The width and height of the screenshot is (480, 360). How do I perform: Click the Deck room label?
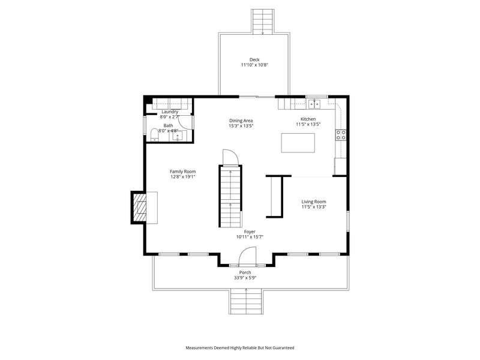[254, 59]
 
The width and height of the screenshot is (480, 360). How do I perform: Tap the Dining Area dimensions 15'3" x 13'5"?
[241, 126]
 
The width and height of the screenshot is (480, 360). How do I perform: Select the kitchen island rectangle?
[298, 143]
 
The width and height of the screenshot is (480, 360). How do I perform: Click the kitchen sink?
[314, 104]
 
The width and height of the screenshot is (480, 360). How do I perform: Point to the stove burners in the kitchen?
[341, 135]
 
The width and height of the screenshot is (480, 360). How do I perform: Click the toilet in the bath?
[155, 135]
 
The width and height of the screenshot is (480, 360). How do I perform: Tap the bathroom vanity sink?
[177, 136]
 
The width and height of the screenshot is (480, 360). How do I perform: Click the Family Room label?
[183, 172]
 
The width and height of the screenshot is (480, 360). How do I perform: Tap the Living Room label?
[314, 202]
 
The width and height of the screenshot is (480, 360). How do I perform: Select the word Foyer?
[250, 232]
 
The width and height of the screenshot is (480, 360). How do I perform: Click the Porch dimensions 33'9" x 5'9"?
[245, 278]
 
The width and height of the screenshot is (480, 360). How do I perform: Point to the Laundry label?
[170, 112]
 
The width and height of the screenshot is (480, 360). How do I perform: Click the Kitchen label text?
[308, 119]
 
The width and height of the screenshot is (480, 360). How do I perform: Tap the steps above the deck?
[262, 21]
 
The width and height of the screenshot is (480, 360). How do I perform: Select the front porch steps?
[246, 301]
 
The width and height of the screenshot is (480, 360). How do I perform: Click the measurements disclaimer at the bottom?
[240, 348]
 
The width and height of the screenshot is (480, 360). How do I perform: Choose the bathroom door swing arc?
[182, 124]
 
